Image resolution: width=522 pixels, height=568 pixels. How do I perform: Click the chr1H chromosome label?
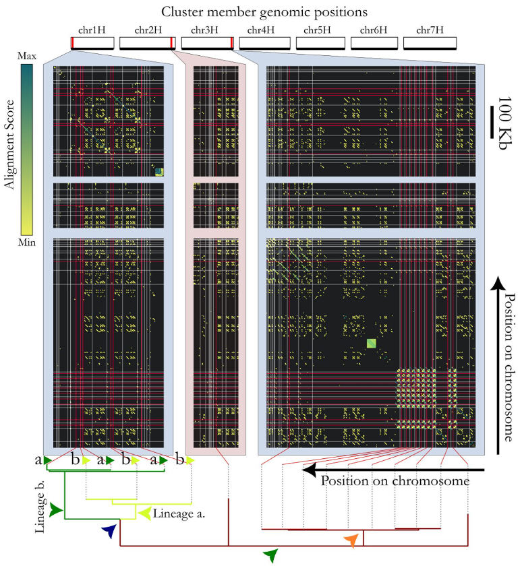click(x=92, y=30)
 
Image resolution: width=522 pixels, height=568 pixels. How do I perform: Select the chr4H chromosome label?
click(x=264, y=30)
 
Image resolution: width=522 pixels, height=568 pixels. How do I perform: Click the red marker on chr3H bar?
click(x=231, y=43)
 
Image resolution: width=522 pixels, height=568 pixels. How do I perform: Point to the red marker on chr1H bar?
click(x=72, y=43)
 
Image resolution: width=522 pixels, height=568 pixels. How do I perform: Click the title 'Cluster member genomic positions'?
click(x=261, y=11)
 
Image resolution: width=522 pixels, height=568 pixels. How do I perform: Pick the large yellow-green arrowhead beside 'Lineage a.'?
click(x=144, y=513)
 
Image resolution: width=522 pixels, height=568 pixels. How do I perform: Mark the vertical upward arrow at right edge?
click(x=497, y=364)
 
